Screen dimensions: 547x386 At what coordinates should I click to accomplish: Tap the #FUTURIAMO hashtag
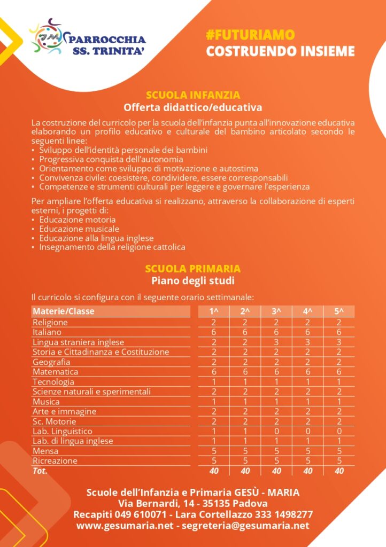point(250,35)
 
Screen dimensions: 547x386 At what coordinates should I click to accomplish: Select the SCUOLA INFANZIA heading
point(193,96)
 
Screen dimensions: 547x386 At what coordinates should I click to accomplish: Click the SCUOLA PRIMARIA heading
point(193,269)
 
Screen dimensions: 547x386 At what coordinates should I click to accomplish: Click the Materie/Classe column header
point(64,311)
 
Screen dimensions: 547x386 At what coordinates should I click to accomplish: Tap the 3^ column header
point(276,311)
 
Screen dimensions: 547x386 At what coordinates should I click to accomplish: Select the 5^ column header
point(339,311)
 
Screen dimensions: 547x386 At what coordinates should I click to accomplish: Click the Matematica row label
point(56,372)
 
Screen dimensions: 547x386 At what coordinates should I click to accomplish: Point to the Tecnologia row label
point(53,382)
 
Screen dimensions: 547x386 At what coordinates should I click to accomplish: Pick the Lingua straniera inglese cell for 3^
point(276,342)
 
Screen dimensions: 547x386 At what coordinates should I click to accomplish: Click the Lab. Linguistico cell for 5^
point(339,431)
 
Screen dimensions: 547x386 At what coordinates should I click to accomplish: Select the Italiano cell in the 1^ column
point(213,332)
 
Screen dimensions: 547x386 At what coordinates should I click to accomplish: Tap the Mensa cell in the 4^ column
point(307,451)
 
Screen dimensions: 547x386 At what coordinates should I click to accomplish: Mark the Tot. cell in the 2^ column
point(245,471)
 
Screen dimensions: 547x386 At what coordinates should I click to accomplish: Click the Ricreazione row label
point(55,461)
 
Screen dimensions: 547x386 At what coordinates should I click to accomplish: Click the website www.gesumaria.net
point(125,526)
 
